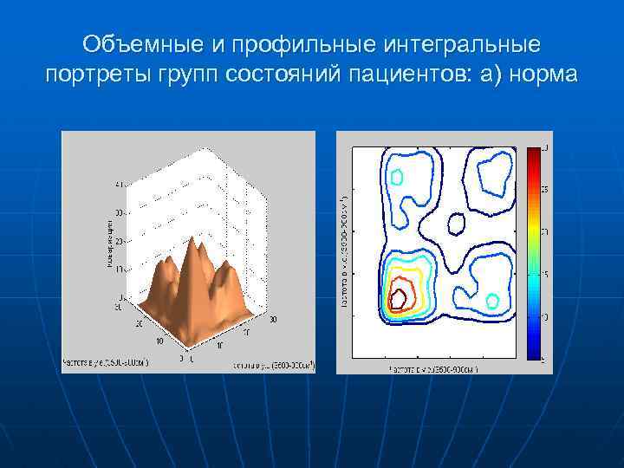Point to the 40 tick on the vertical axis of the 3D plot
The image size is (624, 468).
coord(119,184)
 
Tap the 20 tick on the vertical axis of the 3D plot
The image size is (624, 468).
coord(119,240)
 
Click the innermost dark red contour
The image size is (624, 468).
coord(399,298)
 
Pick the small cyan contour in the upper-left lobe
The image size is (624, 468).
coord(397,178)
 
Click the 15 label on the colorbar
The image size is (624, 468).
coord(544,274)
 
